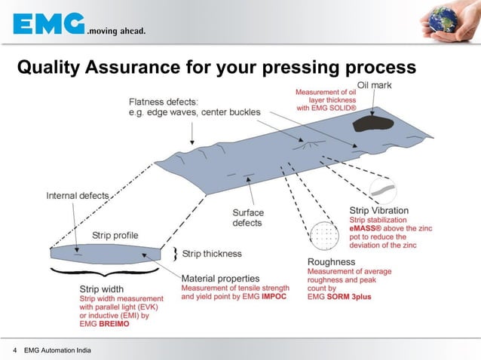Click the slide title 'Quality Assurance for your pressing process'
[216, 69]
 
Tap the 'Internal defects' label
[78, 196]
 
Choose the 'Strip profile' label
[115, 235]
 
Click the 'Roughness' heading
[331, 262]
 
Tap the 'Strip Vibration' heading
[379, 210]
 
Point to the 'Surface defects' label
[247, 218]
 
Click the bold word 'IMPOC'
[273, 297]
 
